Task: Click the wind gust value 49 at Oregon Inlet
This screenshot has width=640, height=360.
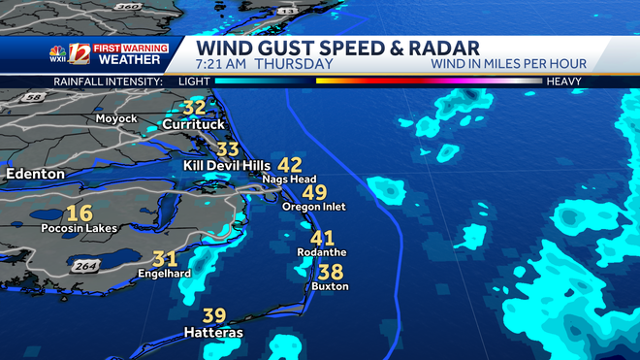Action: point(314,192)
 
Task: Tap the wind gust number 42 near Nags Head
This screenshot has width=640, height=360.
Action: point(290,165)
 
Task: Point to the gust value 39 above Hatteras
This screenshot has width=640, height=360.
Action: point(213,316)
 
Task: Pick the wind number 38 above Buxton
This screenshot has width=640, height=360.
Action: point(331,272)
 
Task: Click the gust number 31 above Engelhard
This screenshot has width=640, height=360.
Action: point(165,259)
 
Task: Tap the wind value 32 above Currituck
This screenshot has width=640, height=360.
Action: point(194,108)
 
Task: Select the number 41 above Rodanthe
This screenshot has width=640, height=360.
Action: point(322,238)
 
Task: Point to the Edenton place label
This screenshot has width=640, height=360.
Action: point(35,174)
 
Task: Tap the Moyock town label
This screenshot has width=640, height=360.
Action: point(116,118)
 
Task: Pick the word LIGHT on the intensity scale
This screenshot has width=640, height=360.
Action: point(194,82)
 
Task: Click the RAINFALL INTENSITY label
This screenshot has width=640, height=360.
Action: point(107,82)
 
